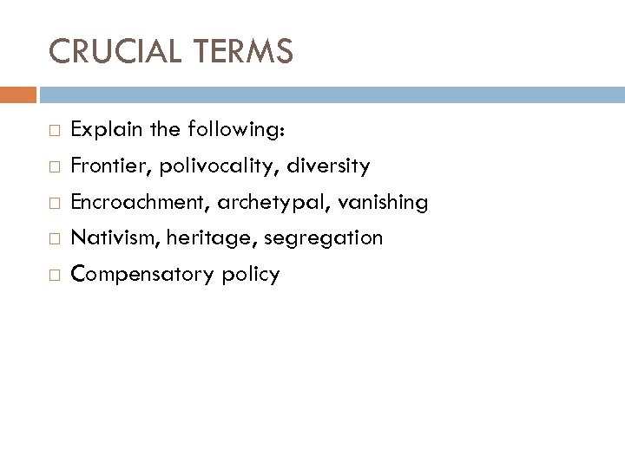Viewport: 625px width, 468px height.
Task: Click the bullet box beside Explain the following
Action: pos(55,131)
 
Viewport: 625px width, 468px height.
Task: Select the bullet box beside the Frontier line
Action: pos(55,166)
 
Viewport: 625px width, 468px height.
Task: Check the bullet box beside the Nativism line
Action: pos(55,238)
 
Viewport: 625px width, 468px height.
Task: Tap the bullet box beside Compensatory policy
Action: pos(55,275)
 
